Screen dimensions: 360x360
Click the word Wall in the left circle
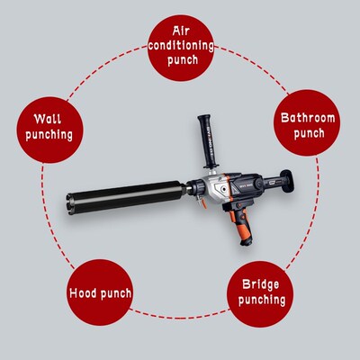point(49,117)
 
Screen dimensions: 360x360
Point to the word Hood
point(88,292)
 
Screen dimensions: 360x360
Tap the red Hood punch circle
point(101,292)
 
